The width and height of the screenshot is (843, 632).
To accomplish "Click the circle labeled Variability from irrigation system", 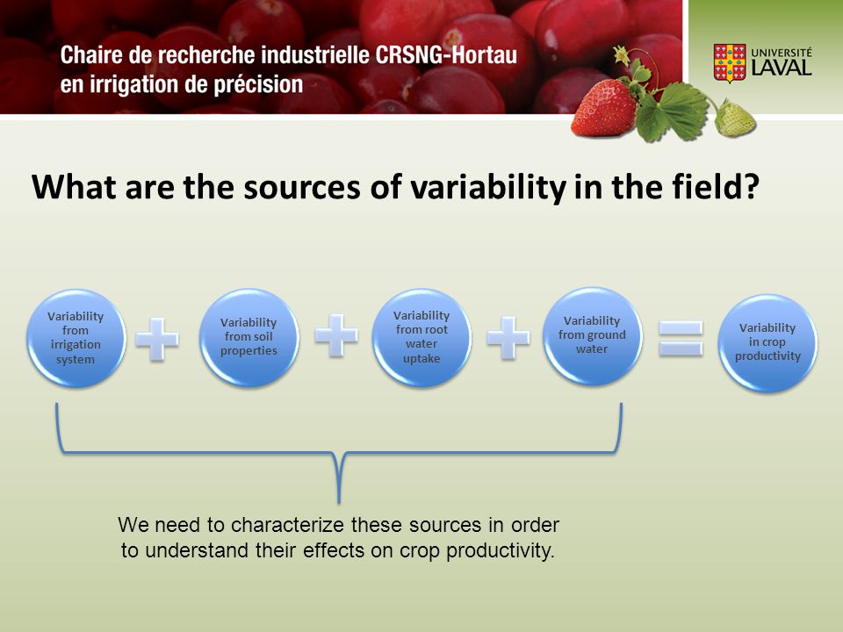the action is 76,338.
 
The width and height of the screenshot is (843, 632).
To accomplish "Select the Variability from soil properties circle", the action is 249,337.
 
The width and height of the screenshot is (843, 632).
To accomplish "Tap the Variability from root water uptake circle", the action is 421,337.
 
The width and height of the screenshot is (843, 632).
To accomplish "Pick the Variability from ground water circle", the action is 592,336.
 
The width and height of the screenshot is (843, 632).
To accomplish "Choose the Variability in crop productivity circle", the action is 767,342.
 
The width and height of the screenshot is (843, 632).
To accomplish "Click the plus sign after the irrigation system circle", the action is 157,339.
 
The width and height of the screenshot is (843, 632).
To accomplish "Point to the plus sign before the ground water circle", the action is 508,337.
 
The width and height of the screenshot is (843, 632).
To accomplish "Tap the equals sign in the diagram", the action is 681,339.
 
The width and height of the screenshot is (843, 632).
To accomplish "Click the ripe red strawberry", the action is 604,109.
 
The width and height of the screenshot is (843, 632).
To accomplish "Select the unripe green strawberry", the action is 735,118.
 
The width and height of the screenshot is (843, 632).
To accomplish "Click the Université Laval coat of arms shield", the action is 730,63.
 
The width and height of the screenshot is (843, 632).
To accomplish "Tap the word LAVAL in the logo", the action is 782,68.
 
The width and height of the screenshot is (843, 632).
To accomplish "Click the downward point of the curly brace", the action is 339,502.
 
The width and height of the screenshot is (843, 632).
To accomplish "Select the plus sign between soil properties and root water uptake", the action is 336,336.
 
